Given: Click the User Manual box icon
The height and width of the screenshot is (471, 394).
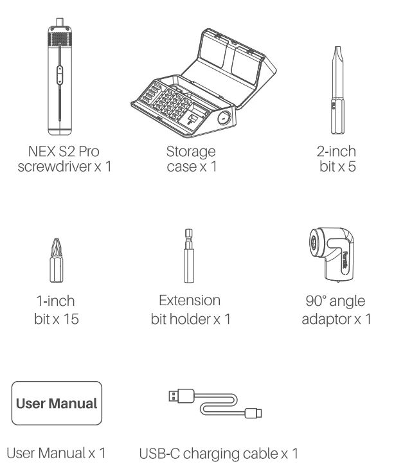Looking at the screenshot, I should point(56,404).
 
